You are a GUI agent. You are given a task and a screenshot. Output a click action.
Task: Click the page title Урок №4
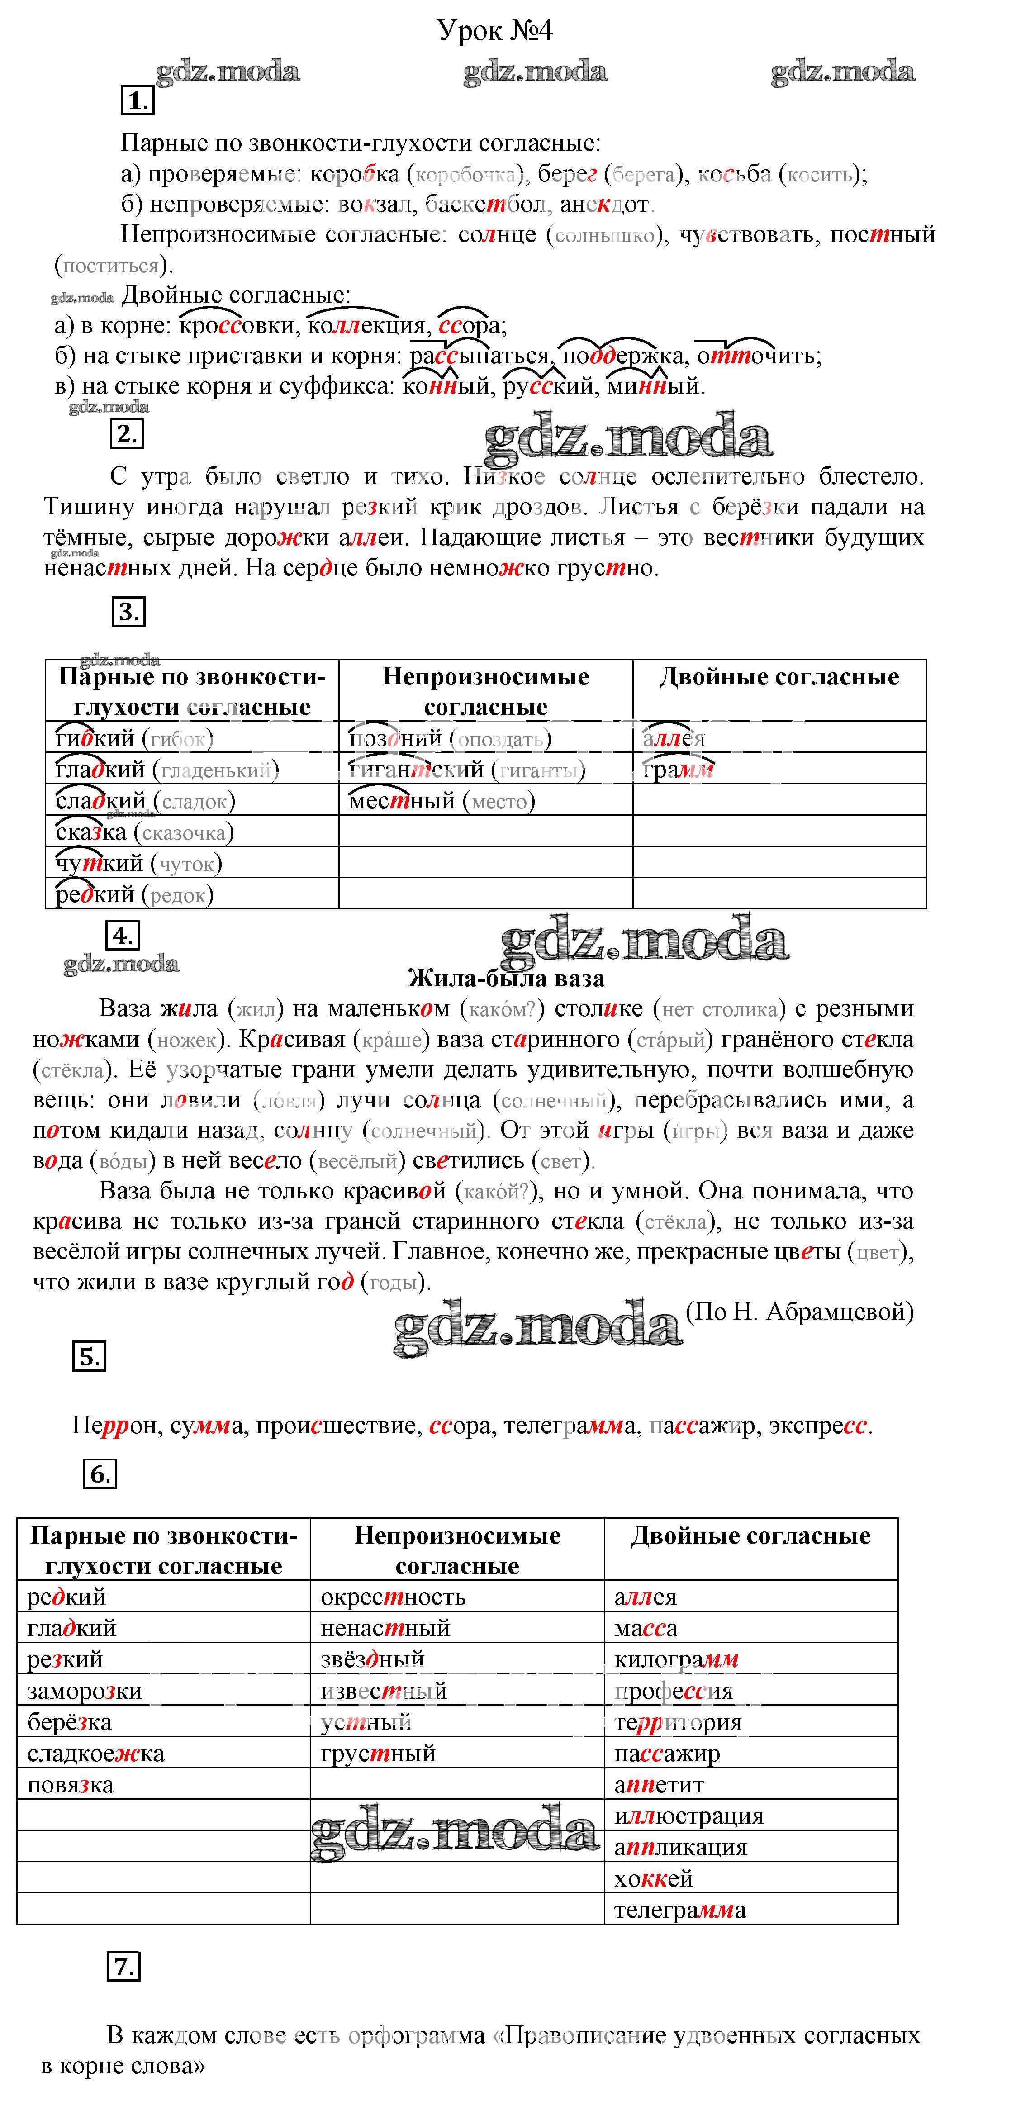coord(495,30)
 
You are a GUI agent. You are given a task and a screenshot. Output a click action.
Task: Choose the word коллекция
coord(368,326)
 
